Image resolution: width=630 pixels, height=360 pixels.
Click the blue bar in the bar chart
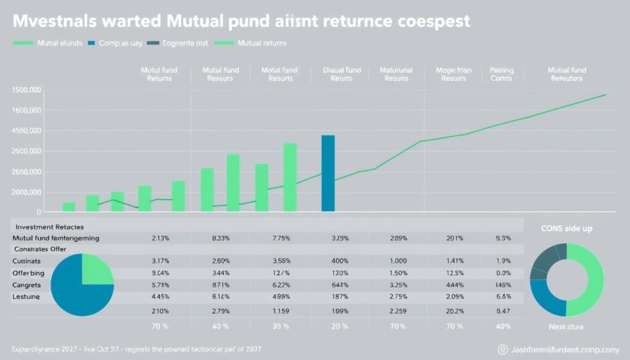329,174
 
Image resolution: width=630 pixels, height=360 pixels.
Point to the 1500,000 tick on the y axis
26,90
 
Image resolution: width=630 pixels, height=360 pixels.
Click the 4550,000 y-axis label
26,131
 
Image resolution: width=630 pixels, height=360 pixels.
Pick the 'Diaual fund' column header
341,74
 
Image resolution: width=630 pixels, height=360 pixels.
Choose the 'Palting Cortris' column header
501,74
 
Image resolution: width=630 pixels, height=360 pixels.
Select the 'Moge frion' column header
453,74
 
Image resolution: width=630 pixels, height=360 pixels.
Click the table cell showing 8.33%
220,238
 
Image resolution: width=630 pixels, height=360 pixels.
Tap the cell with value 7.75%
281,238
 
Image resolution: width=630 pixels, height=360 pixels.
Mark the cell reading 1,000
399,260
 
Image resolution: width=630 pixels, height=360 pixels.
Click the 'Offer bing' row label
28,273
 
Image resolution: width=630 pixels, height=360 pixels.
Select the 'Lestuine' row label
25,297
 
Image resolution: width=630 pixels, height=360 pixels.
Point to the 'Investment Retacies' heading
50,226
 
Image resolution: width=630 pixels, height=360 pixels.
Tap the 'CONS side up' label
566,228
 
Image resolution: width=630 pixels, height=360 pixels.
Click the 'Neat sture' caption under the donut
566,327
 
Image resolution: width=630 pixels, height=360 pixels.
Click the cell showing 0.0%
503,273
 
